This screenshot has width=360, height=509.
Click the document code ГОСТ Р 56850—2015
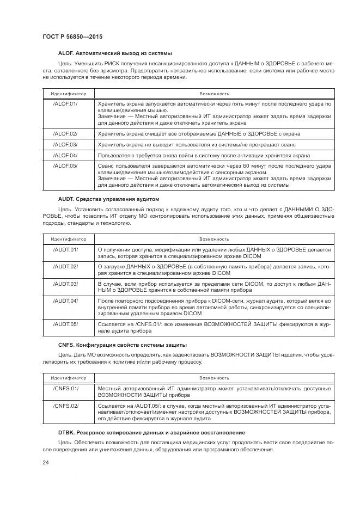pyautogui.click(x=72, y=36)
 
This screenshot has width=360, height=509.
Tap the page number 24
pyautogui.click(x=46, y=462)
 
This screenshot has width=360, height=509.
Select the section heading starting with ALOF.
pyautogui.click(x=115, y=53)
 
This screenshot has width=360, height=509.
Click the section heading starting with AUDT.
pyautogui.click(x=108, y=199)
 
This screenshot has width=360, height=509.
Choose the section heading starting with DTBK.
pyautogui.click(x=151, y=432)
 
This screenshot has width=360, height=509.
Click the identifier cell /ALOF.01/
pyautogui.click(x=65, y=103)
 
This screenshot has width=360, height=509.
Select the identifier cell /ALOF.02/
pyautogui.click(x=65, y=133)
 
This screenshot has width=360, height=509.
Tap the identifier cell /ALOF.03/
pyautogui.click(x=65, y=144)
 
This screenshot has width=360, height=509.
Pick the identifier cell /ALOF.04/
pyautogui.click(x=65, y=155)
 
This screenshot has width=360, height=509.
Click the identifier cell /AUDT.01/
pyautogui.click(x=65, y=249)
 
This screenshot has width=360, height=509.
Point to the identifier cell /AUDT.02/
pyautogui.click(x=65, y=266)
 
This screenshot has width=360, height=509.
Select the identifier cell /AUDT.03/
pyautogui.click(x=65, y=284)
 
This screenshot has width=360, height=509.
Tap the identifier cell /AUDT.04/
pyautogui.click(x=65, y=301)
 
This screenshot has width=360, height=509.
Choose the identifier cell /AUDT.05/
pyautogui.click(x=65, y=324)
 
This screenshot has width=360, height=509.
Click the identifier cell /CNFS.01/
pyautogui.click(x=65, y=388)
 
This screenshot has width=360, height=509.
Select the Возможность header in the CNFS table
pyautogui.click(x=214, y=377)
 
